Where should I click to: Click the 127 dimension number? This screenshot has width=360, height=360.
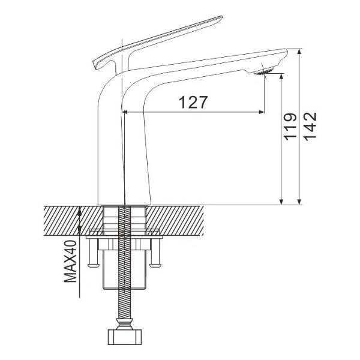tap(193, 103)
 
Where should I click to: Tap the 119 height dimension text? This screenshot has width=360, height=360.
tap(290, 126)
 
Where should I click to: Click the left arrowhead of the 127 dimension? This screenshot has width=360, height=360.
tap(125, 112)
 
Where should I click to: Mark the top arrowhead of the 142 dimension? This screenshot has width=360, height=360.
tap(299, 51)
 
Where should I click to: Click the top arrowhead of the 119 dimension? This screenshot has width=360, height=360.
tap(281, 76)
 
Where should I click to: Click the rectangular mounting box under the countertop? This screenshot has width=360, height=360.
tap(125, 264)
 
